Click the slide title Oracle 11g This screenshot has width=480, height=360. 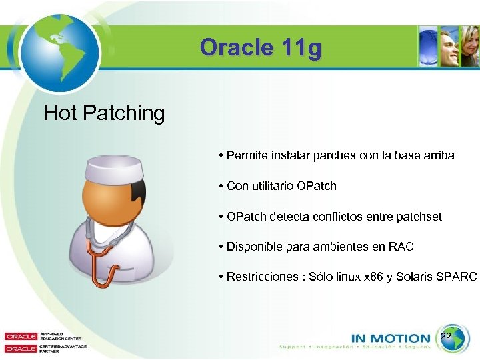(261, 48)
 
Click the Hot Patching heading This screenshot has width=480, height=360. (104, 113)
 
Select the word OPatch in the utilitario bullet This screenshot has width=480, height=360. (313, 186)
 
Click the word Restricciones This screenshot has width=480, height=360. (262, 277)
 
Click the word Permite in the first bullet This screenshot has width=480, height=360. (245, 155)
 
